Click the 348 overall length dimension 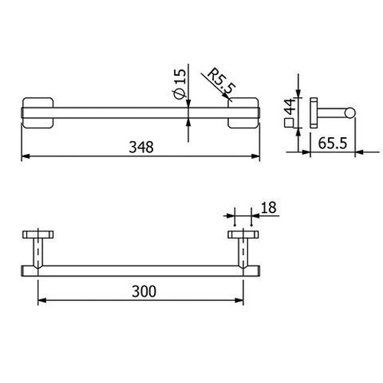pos(141,147)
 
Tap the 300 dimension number pos(144,291)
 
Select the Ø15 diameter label pos(179,84)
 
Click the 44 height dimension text pos(290,106)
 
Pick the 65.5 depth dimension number pos(332,143)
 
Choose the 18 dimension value pos(269,208)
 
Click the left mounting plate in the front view pos(38,113)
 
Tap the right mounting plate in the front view pos(243,113)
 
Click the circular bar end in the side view pos(350,113)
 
